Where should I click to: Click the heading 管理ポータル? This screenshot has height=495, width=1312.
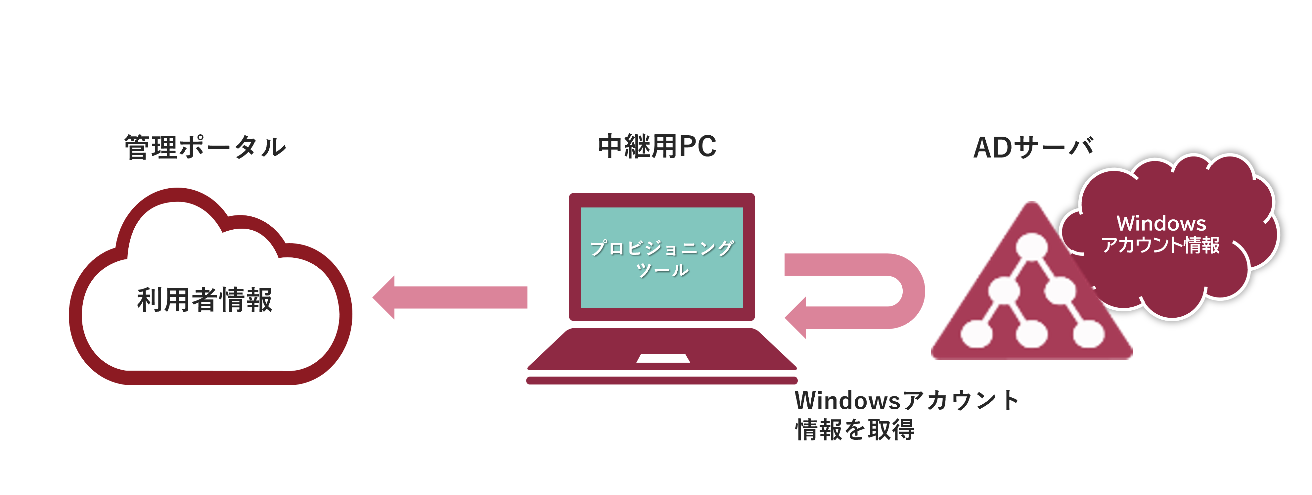(205, 148)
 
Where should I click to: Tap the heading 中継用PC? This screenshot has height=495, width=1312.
(657, 147)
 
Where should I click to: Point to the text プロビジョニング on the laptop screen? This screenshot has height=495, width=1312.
(661, 248)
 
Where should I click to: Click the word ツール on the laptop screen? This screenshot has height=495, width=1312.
(662, 270)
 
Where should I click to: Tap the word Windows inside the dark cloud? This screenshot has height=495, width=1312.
(1161, 224)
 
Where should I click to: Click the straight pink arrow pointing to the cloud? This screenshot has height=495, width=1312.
(450, 297)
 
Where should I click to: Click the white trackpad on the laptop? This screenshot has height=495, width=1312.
(663, 358)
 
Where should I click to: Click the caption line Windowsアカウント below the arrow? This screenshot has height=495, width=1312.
(907, 401)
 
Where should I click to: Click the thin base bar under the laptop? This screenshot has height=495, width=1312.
(661, 381)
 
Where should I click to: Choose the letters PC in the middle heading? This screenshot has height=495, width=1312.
(698, 147)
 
